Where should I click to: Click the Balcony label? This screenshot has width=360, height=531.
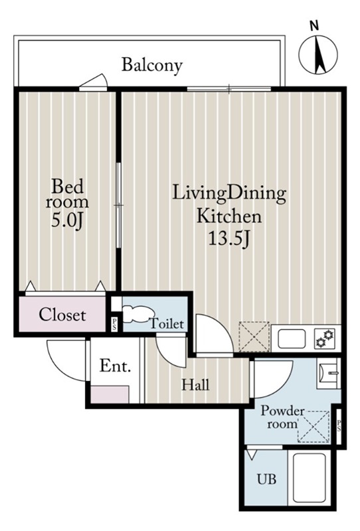pyautogui.click(x=152, y=65)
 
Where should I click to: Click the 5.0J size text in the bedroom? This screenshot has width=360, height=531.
pyautogui.click(x=68, y=221)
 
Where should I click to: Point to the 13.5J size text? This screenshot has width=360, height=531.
pyautogui.click(x=230, y=240)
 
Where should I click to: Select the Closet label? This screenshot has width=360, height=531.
pyautogui.click(x=62, y=315)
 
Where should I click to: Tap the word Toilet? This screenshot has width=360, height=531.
pyautogui.click(x=167, y=324)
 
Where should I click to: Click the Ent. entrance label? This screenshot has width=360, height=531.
pyautogui.click(x=116, y=366)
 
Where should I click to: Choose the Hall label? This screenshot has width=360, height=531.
pyautogui.click(x=195, y=385)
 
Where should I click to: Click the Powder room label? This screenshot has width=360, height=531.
pyautogui.click(x=282, y=417)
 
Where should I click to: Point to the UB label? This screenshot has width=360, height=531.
pyautogui.click(x=266, y=479)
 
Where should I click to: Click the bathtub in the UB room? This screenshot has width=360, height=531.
pyautogui.click(x=309, y=477)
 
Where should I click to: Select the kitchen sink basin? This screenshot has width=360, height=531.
pyautogui.click(x=292, y=339)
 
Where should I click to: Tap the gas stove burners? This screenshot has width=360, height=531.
pyautogui.click(x=324, y=339)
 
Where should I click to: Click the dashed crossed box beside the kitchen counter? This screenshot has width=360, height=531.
pyautogui.click(x=254, y=337)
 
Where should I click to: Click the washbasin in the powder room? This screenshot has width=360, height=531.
pyautogui.click(x=329, y=373)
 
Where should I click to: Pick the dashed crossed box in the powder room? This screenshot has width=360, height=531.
pyautogui.click(x=314, y=427)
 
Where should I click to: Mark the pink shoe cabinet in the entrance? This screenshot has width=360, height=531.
pyautogui.click(x=110, y=394)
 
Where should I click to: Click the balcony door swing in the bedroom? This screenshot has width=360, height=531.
pyautogui.click(x=94, y=82)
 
